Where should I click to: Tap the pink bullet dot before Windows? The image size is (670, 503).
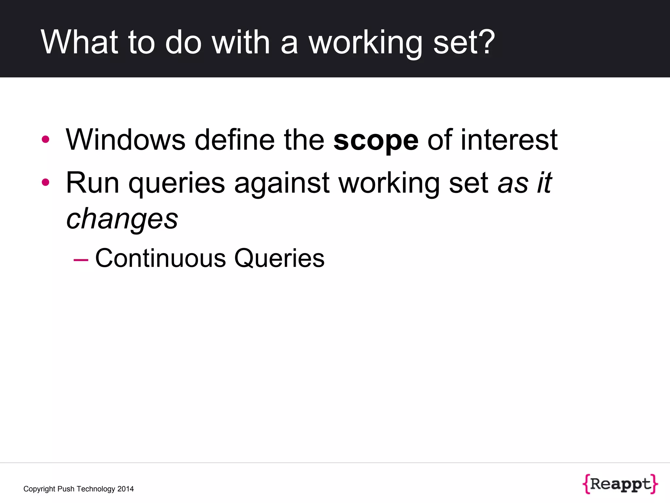tap(45, 140)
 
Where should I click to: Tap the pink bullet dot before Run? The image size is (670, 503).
tap(45, 182)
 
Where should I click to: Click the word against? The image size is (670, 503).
tap(282, 183)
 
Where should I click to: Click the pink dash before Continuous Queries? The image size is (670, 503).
tap(81, 260)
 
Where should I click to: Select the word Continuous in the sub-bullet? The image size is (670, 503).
tap(160, 258)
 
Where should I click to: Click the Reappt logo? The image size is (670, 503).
tap(620, 484)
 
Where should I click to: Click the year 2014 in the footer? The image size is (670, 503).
tap(126, 489)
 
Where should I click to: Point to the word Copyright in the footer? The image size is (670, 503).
tap(39, 489)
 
